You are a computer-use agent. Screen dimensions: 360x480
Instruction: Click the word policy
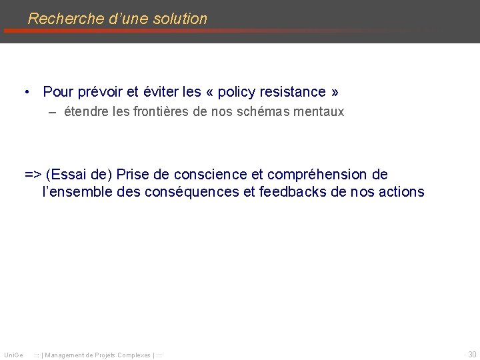[237, 92]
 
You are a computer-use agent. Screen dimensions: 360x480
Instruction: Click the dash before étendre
[52, 112]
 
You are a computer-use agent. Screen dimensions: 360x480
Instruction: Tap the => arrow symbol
[33, 175]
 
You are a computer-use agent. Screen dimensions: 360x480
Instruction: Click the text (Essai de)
[79, 175]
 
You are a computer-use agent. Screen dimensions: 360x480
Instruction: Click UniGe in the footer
[13, 355]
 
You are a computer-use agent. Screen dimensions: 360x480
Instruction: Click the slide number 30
[472, 354]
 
